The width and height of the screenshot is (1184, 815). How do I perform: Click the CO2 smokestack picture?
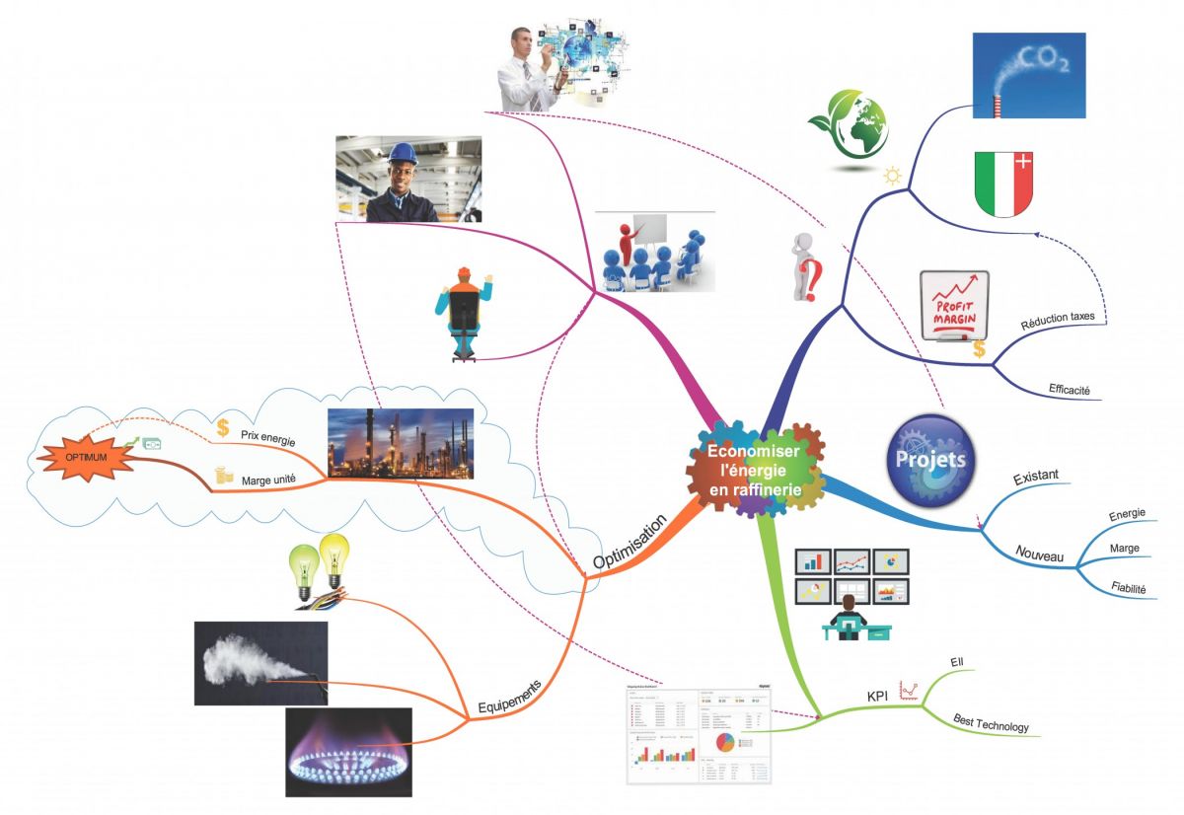click(1028, 75)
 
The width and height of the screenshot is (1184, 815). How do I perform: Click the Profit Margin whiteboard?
click(953, 307)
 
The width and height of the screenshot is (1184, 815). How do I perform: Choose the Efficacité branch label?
click(1070, 390)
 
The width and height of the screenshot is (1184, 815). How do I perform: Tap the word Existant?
click(1036, 477)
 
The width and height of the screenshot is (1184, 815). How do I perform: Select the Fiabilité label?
click(1128, 589)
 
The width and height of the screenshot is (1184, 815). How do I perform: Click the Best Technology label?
click(991, 724)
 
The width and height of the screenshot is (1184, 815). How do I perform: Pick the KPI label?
click(877, 697)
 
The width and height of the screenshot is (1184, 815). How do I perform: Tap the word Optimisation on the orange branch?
click(630, 541)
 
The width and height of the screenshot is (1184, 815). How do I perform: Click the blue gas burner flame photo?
click(348, 752)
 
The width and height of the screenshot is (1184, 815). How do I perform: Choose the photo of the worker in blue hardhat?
click(408, 180)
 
